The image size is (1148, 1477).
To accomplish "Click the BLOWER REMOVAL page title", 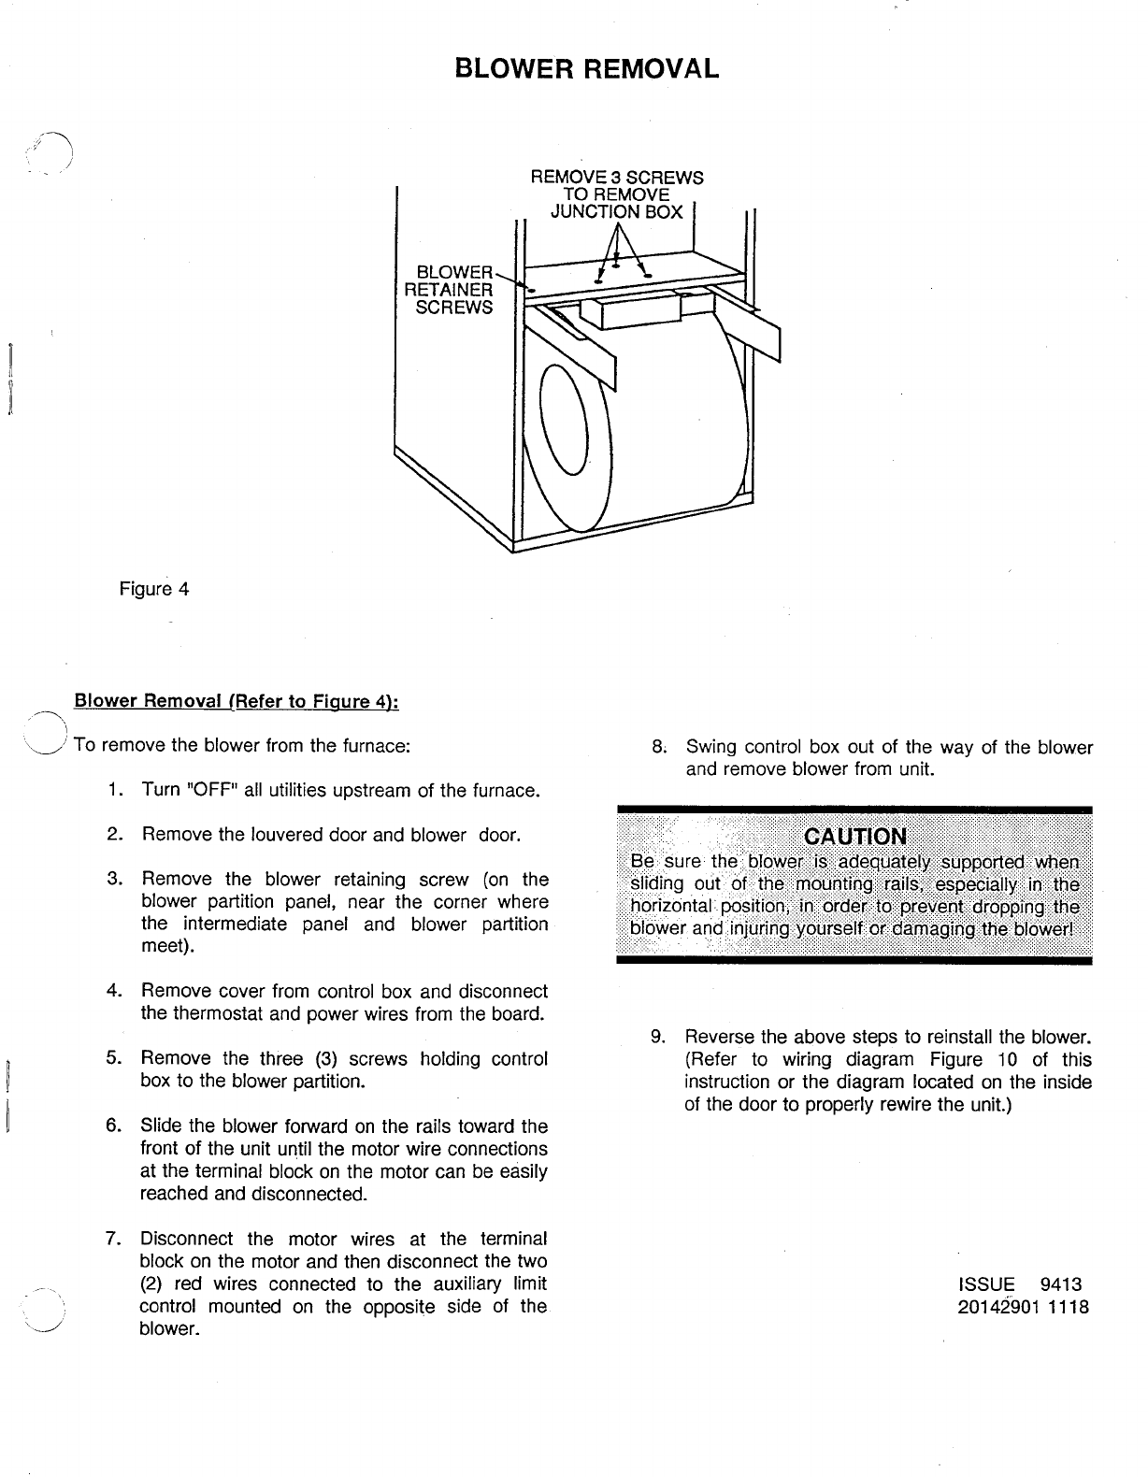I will tap(587, 68).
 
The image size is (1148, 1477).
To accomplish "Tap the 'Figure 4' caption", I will tap(154, 589).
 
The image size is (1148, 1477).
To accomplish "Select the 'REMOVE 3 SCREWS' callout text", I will tap(617, 178).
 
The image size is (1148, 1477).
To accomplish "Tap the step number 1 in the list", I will tap(114, 791).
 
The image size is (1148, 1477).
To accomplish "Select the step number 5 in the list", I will tap(114, 1059).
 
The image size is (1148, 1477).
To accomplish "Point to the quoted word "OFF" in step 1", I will tap(213, 791).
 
